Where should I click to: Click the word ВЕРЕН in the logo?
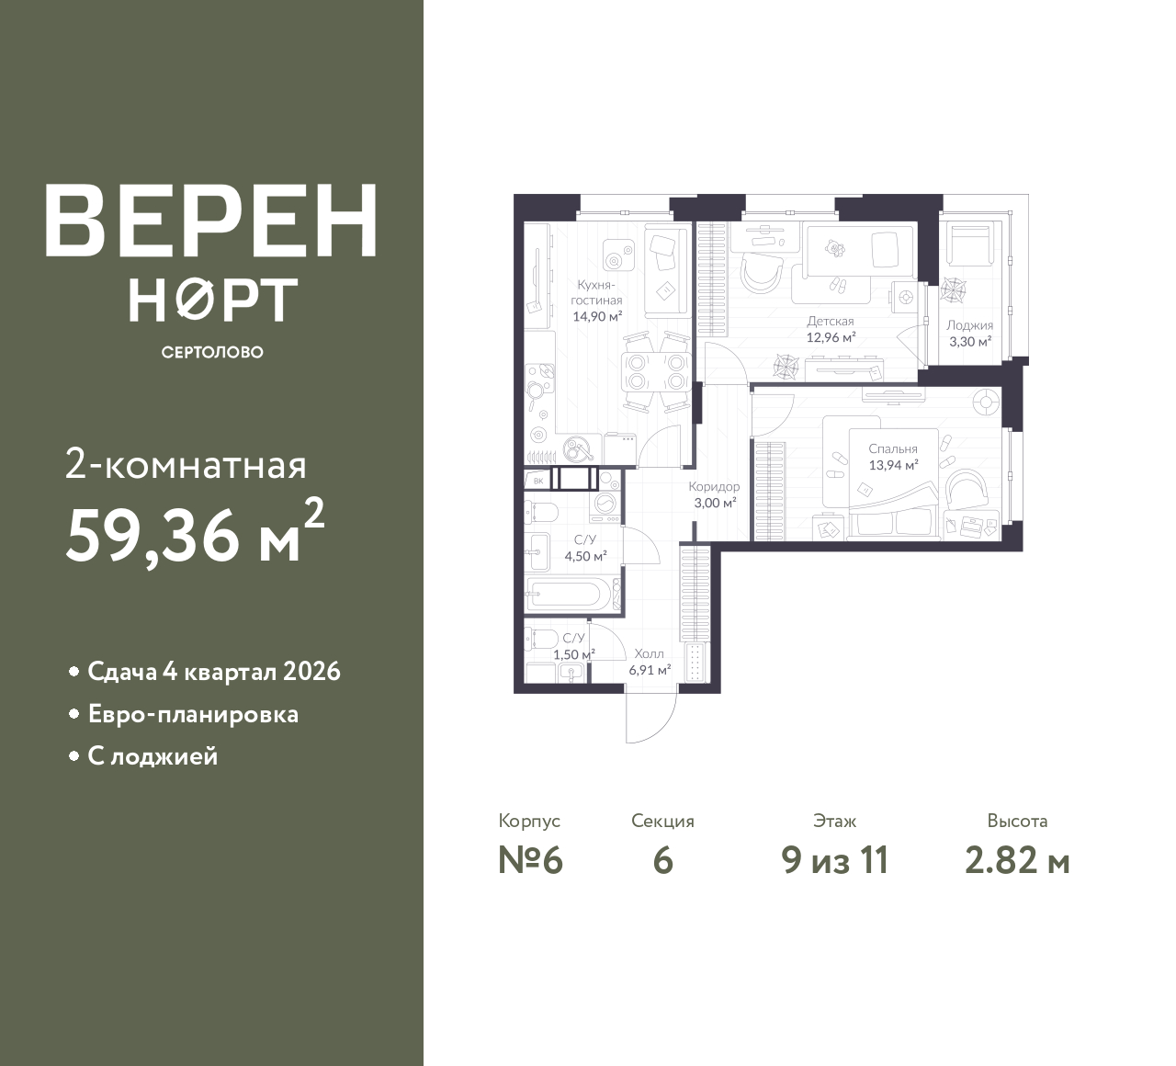tap(211, 221)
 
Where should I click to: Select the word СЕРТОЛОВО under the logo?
tap(212, 352)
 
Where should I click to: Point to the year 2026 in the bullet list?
tap(311, 672)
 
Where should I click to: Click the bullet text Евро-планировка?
tap(193, 714)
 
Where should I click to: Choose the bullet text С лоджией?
tap(153, 756)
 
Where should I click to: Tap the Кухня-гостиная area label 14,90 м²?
tap(597, 317)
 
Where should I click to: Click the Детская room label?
tap(831, 322)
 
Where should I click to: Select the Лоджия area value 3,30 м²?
tap(970, 341)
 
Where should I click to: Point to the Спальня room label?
tap(893, 448)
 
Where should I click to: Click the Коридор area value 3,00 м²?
tap(715, 503)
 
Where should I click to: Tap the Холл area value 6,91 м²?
tap(650, 670)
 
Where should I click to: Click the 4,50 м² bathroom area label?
tap(585, 556)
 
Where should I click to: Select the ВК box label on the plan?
tap(538, 482)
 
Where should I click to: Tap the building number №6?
tap(530, 861)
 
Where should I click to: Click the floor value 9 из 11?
tap(835, 861)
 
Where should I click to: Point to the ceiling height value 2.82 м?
tap(1018, 861)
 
